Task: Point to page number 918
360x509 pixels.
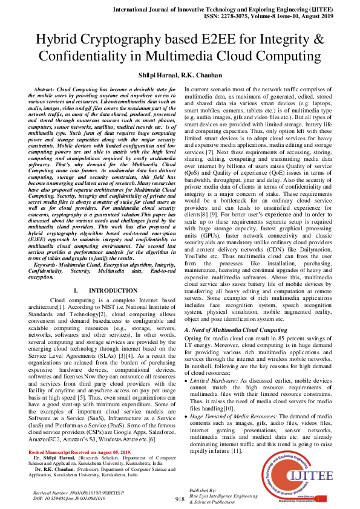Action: [180, 499]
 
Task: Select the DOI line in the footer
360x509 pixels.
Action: [68, 497]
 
